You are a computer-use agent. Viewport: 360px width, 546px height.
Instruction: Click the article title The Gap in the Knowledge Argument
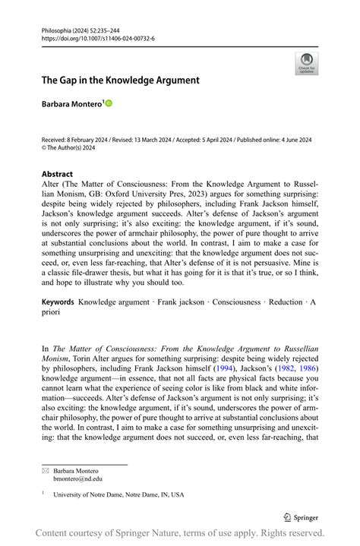point(120,80)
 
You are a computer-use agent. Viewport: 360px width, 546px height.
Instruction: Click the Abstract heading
point(58,174)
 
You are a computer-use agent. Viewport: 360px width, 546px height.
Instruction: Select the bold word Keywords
point(58,302)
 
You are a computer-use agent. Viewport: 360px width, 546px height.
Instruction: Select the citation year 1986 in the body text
point(307,368)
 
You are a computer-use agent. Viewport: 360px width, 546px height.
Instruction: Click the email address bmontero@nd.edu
point(77,478)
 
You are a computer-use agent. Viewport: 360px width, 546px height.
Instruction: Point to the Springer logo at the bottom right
point(300,517)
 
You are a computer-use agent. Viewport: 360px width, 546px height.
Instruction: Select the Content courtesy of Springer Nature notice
point(180,534)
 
